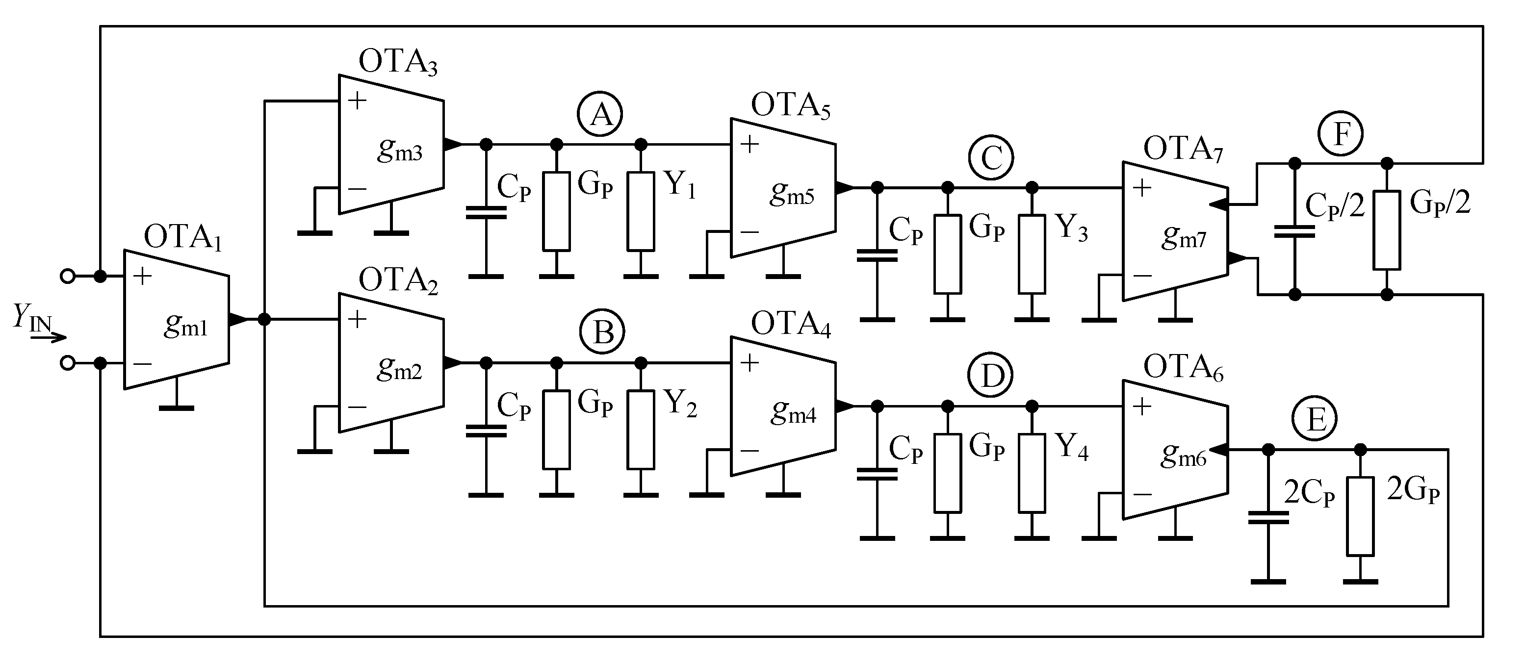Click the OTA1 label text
(183, 237)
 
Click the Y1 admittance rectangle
(641, 211)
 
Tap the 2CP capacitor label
(1309, 493)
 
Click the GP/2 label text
(1440, 203)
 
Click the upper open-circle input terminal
(68, 276)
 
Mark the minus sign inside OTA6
(1142, 493)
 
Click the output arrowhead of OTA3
(452, 144)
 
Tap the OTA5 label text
(790, 106)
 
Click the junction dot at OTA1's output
(264, 320)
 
